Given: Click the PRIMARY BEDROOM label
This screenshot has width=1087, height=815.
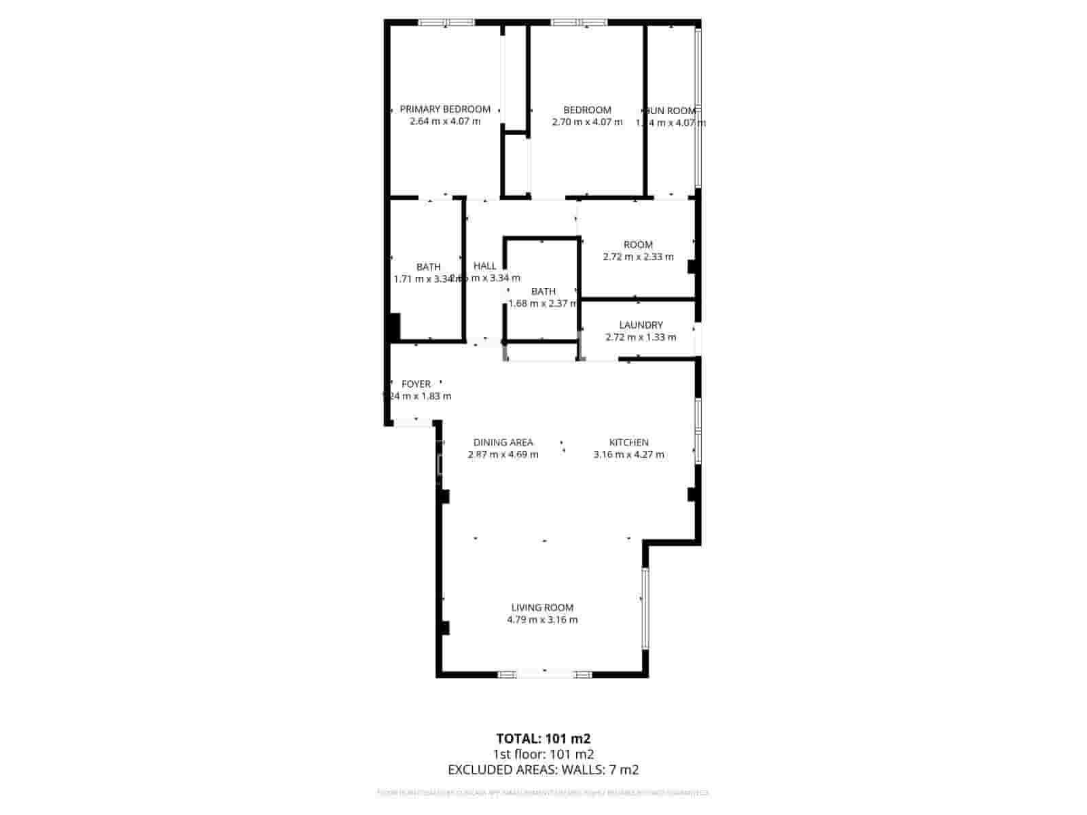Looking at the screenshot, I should click(x=445, y=109).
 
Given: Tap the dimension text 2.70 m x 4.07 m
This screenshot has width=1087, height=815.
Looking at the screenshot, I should click(x=587, y=122).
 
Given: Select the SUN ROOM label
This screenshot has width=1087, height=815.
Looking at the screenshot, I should click(x=671, y=111).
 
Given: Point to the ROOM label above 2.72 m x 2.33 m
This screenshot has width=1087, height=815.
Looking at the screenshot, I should click(x=638, y=244).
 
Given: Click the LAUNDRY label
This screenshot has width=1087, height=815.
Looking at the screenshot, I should click(x=641, y=325).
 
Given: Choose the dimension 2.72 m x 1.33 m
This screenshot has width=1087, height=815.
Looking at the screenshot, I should click(x=641, y=338).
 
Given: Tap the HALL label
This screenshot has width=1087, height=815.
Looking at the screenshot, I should click(x=485, y=266).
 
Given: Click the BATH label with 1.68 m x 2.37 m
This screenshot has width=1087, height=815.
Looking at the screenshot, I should click(x=543, y=291).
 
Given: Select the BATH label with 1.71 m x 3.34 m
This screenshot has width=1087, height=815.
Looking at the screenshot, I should click(x=429, y=267).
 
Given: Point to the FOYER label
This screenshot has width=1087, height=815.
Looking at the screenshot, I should click(x=416, y=384).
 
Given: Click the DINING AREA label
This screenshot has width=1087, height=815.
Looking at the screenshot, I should click(x=503, y=442).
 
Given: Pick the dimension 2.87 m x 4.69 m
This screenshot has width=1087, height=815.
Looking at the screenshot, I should click(x=503, y=454).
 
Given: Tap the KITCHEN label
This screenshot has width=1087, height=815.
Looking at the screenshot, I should click(x=628, y=442).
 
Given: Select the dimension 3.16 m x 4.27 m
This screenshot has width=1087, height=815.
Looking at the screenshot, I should click(x=628, y=454).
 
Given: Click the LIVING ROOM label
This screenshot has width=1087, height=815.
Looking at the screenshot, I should click(x=542, y=608).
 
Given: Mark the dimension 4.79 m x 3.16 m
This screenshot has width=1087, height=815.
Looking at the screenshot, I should click(x=542, y=620).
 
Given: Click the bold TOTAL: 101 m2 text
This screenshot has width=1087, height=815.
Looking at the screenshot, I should click(x=543, y=738).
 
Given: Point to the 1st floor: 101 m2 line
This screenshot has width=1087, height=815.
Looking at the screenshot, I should click(x=543, y=754).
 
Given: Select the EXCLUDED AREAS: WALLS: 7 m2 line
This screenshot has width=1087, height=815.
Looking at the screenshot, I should click(x=543, y=769).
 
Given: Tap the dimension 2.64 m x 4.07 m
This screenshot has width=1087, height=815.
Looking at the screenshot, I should click(x=445, y=122).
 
